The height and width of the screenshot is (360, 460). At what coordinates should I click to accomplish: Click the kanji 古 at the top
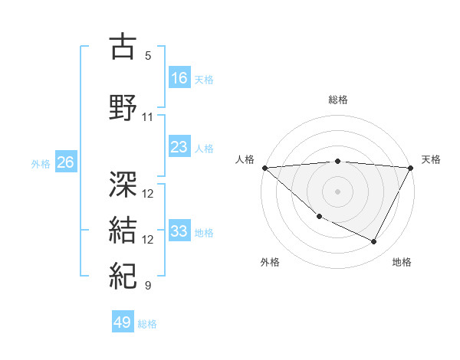pos(123,47)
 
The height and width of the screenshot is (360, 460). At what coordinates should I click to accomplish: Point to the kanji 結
pos(123,231)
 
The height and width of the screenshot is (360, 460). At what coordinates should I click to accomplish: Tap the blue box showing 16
pos(179,78)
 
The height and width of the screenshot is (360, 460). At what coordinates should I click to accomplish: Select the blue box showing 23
pos(179,147)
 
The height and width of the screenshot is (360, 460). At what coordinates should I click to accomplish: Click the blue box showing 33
pos(179,231)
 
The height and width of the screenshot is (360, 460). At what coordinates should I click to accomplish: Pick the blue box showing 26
pos(66,162)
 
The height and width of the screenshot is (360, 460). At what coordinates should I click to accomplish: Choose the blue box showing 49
pos(123,322)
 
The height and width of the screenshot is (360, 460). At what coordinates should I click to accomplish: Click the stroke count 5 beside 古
pos(148,56)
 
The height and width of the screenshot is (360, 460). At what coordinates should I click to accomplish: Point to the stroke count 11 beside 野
pos(148,117)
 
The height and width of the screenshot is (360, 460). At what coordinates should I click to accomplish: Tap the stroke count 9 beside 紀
pos(148,286)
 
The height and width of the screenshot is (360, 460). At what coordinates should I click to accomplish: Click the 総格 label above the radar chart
pos(338,100)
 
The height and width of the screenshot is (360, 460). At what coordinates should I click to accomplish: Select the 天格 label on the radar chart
pos(431,159)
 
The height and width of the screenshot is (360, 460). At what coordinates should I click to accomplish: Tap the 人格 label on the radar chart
pos(245,159)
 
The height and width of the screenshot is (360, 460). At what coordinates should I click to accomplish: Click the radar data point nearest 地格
pos(374,241)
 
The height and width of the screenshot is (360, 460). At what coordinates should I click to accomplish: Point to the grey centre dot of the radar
pos(338,191)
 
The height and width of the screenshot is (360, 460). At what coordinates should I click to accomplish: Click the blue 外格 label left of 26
pos(41,163)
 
